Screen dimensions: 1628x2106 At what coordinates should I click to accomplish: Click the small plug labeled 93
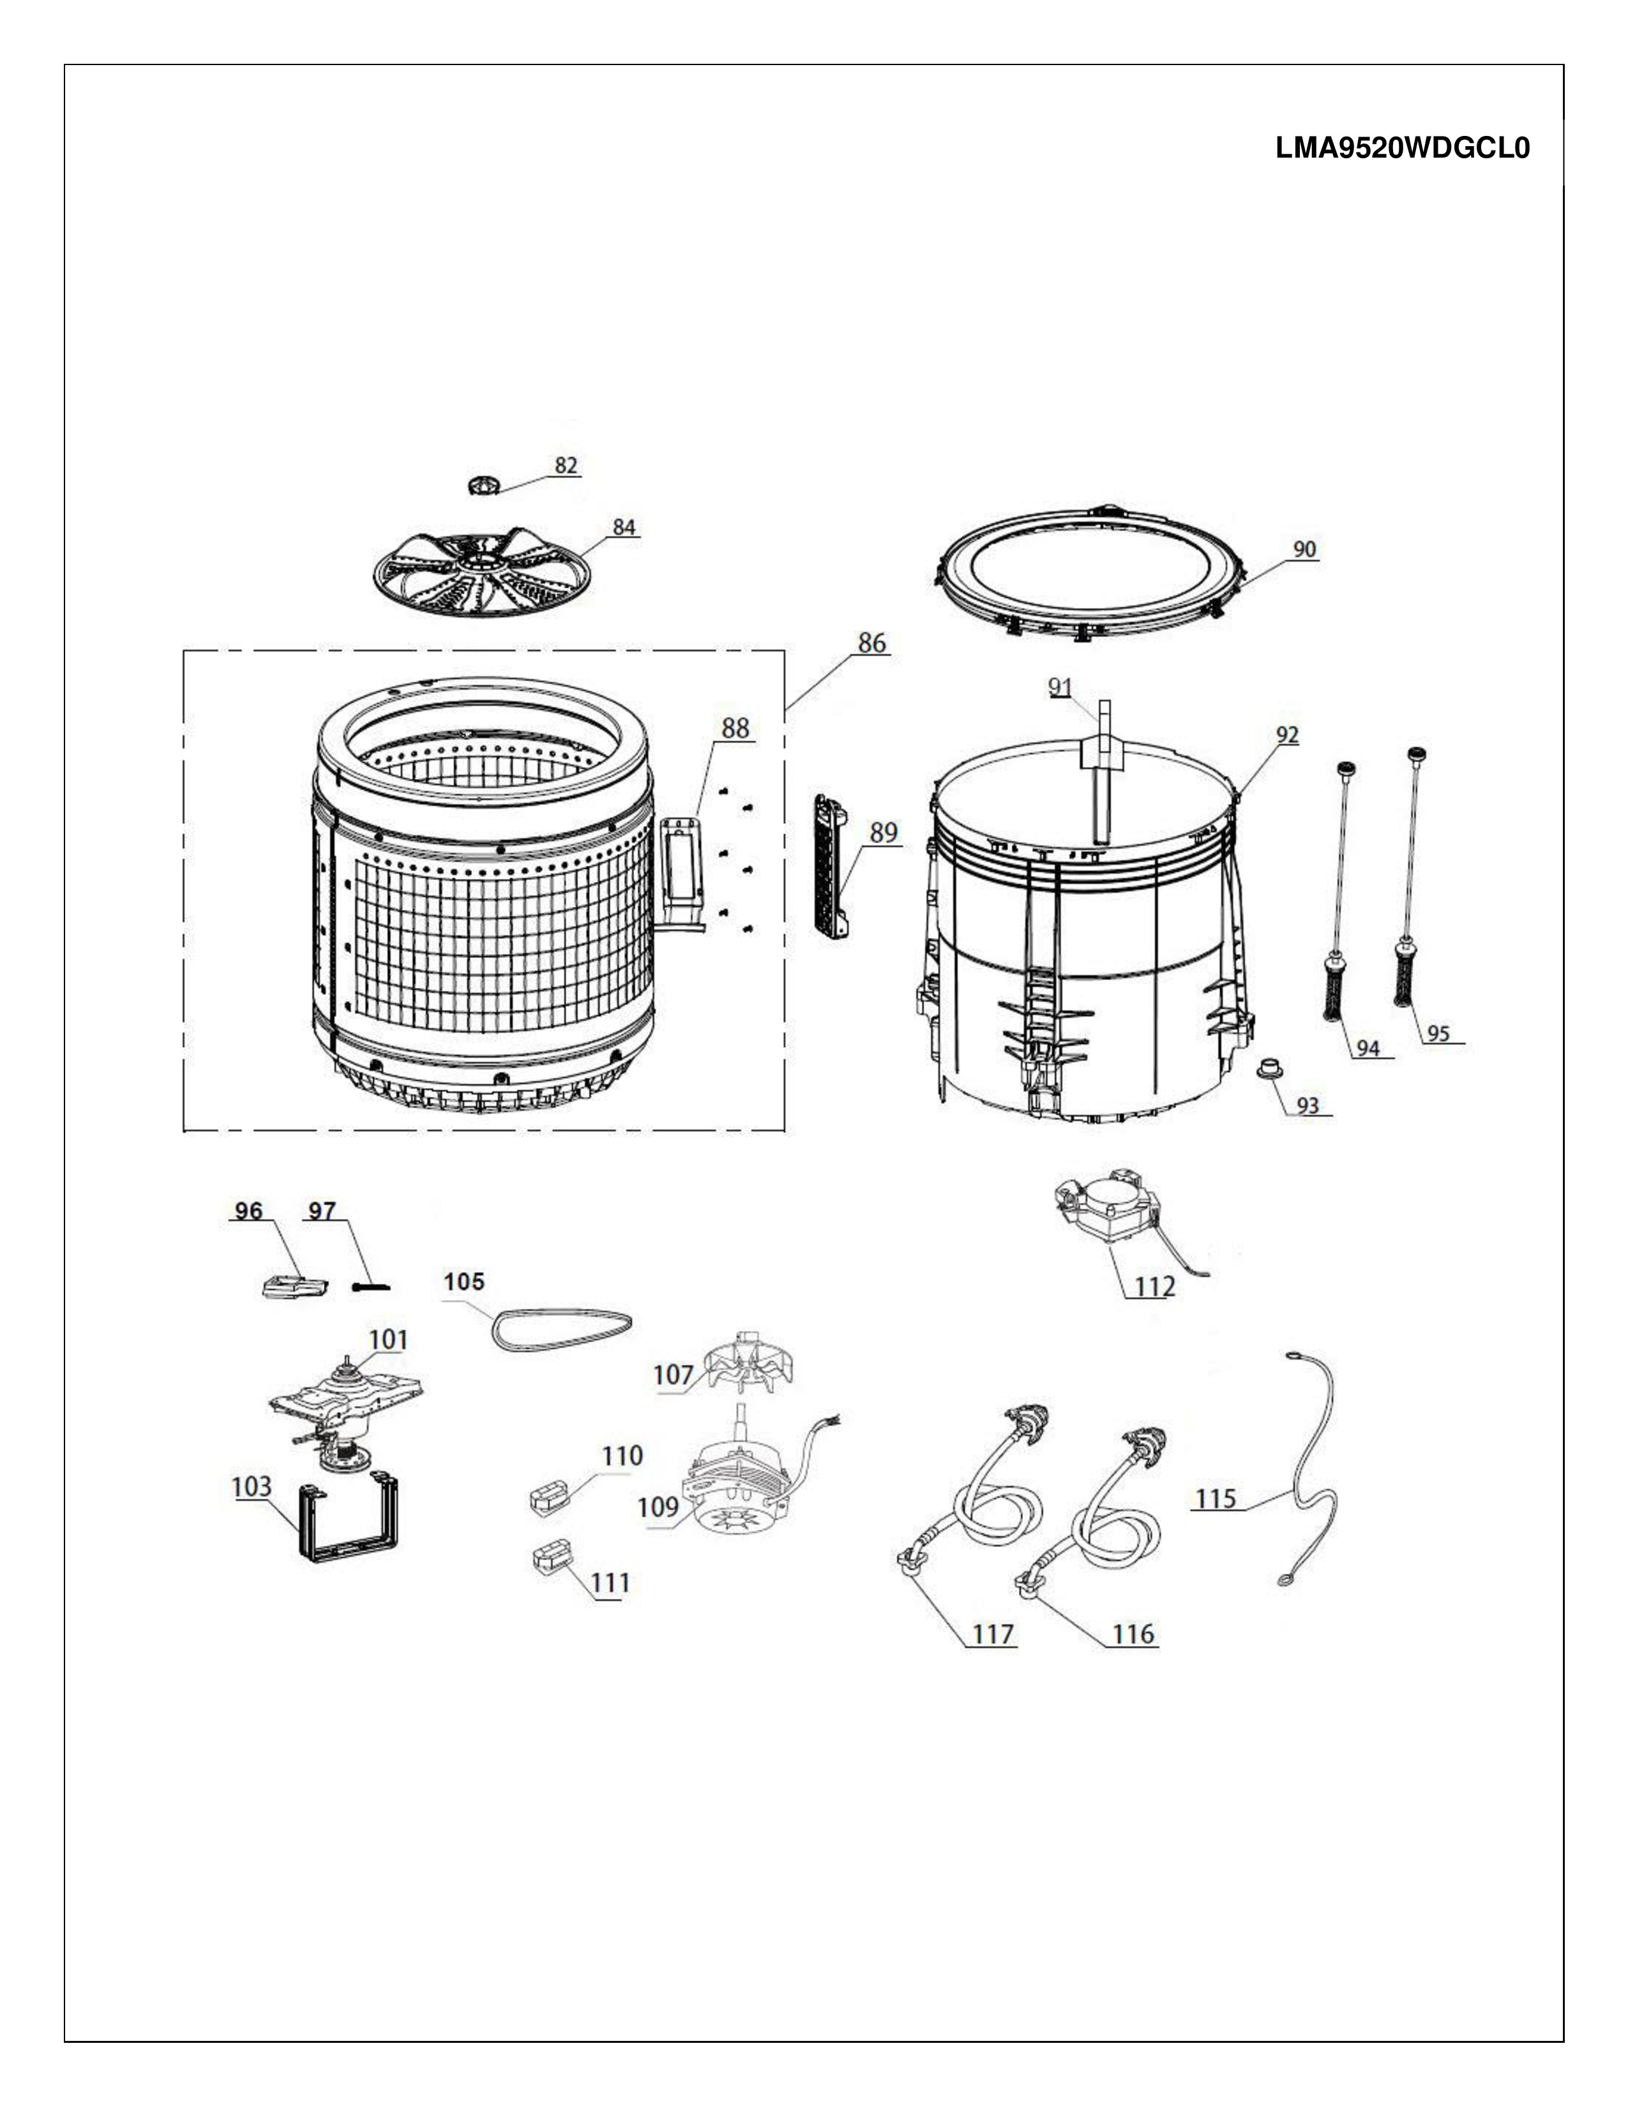[1269, 1068]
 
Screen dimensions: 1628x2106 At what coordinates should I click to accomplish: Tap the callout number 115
[1215, 1498]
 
